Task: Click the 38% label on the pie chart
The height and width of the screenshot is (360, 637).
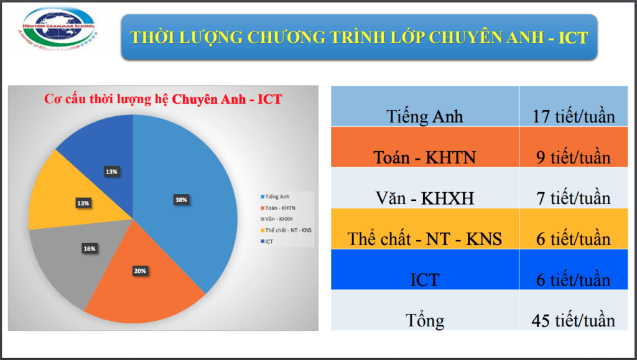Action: click(x=182, y=200)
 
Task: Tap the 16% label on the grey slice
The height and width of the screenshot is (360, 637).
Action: click(x=90, y=249)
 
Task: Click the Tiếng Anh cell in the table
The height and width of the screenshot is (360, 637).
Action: click(x=425, y=116)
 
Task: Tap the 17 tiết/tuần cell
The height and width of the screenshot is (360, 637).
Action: click(x=573, y=116)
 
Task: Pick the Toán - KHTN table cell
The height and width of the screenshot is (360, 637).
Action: click(x=425, y=157)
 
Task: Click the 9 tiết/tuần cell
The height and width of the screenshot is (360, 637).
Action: click(x=573, y=157)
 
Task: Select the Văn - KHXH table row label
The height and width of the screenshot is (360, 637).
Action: click(x=425, y=198)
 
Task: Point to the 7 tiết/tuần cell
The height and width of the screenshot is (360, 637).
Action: click(x=573, y=198)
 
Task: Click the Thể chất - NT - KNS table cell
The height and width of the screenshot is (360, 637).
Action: click(x=425, y=239)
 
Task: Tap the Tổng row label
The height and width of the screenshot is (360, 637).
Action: click(x=425, y=320)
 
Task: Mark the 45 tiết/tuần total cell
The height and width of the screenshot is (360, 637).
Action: click(x=573, y=320)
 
